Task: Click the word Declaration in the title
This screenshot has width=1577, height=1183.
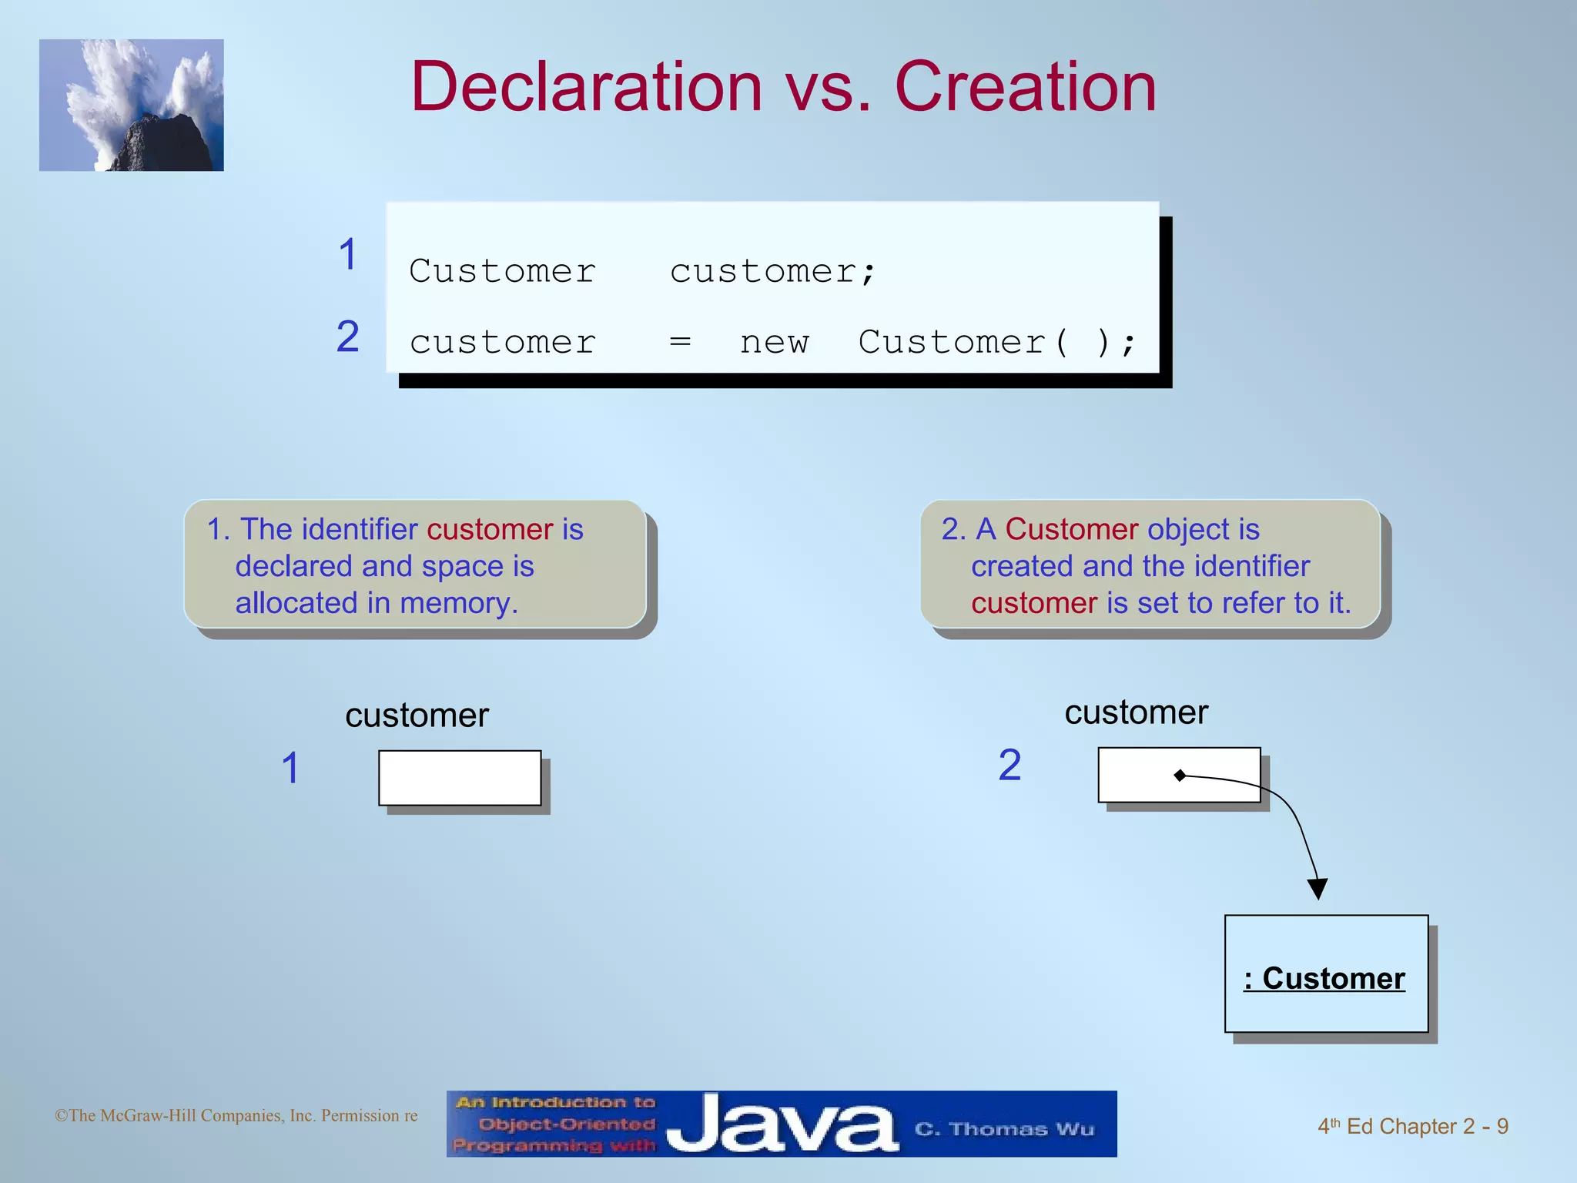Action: click(587, 87)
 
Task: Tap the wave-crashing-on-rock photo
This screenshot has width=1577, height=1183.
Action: click(131, 105)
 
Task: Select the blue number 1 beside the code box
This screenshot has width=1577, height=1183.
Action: click(348, 255)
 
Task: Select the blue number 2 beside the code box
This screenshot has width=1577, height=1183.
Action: click(348, 337)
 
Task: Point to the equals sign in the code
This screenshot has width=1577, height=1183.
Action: click(680, 341)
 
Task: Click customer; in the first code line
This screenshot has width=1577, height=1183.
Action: click(772, 272)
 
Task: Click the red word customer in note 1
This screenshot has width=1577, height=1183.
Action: click(490, 530)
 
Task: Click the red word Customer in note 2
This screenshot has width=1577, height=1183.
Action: click(1071, 530)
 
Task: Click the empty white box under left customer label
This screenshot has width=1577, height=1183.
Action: click(460, 778)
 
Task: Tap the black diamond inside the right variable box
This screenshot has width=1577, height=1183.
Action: click(1180, 776)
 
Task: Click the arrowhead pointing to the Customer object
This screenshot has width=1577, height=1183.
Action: click(1318, 889)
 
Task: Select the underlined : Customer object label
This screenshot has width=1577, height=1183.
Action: click(1324, 978)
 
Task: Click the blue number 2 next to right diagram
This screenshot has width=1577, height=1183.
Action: click(1009, 766)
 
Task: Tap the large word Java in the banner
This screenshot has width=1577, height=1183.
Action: click(782, 1125)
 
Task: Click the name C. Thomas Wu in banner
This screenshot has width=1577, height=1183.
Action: click(1004, 1130)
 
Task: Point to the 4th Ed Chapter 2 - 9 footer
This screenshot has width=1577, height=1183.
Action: click(1412, 1127)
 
